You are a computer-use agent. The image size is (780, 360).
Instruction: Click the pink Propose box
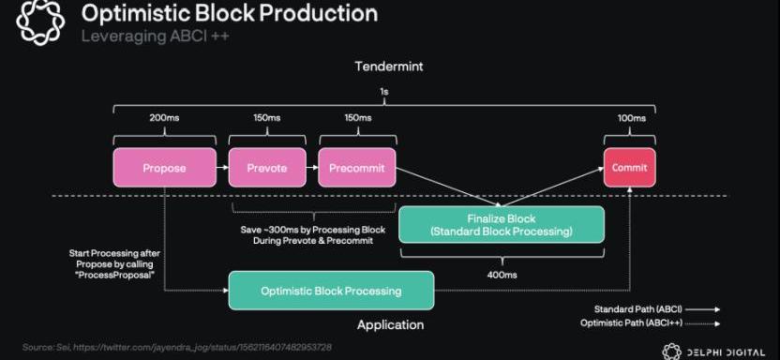point(165,168)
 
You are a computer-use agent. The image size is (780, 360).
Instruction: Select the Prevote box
point(267,168)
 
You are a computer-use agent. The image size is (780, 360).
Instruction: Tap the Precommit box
point(357,168)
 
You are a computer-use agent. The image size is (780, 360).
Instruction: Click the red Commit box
point(630,168)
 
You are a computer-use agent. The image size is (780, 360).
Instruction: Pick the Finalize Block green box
point(502,225)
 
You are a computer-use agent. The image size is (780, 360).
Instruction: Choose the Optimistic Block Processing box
point(331,291)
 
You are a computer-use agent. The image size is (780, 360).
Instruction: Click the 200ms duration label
point(164,118)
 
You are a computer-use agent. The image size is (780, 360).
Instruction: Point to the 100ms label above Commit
point(631,118)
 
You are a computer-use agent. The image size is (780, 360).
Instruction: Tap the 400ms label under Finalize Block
point(502,274)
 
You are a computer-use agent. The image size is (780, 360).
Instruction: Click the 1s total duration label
point(384,93)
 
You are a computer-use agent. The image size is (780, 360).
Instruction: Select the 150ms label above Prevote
point(266,118)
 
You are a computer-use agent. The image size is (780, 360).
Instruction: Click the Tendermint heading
point(389,67)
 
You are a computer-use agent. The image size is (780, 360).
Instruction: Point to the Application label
point(391,325)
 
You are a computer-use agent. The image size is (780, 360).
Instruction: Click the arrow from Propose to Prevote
point(222,168)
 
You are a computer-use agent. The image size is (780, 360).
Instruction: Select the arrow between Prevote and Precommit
point(312,168)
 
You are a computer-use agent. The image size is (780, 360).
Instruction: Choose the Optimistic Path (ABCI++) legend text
point(631,323)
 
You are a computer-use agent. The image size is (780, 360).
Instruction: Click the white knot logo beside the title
point(41,22)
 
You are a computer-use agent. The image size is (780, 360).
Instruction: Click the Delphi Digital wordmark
point(727,352)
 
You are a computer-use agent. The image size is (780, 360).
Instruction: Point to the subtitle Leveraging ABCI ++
point(156,36)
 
